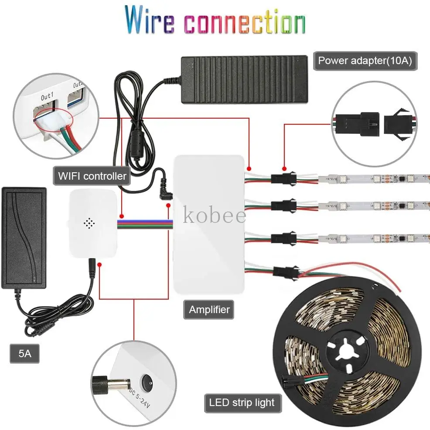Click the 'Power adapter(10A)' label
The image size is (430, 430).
coord(365,60)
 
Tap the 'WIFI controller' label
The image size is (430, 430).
coord(92,176)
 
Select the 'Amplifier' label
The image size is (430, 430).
coord(209,310)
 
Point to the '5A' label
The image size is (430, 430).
coord(25,354)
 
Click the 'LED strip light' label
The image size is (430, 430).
coord(242,402)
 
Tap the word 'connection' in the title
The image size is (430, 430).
coord(244,21)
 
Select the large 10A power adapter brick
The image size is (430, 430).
coord(244,78)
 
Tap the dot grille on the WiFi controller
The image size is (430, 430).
coord(89,223)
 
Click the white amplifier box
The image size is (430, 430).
coord(209,227)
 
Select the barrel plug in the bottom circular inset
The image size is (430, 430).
coord(111,385)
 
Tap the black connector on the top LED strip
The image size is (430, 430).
coord(283,178)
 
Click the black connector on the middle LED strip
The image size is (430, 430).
coord(283,204)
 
